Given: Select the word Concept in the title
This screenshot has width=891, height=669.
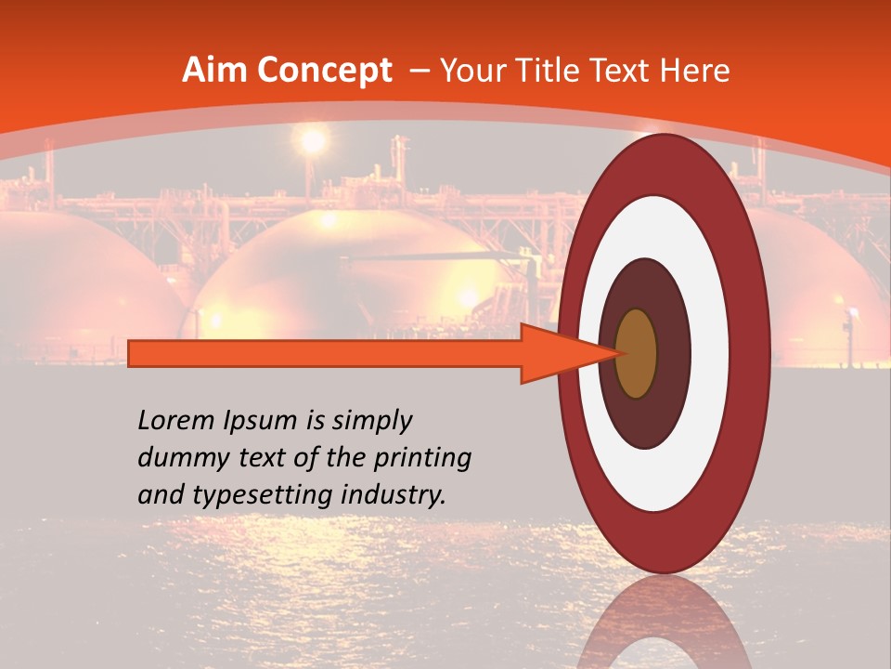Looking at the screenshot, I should (x=323, y=71).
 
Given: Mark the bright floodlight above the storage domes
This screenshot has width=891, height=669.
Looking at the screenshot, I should (x=313, y=141).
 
